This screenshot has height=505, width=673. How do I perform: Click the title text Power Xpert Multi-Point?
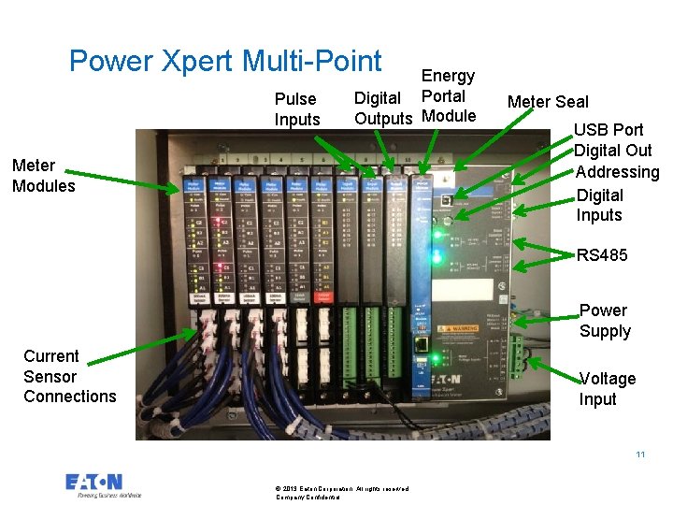(225, 61)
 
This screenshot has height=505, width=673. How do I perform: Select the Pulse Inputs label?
(296, 108)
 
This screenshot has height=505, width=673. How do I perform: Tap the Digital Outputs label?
(382, 108)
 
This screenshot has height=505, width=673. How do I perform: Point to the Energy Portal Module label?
(449, 95)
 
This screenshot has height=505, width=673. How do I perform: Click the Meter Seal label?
(548, 102)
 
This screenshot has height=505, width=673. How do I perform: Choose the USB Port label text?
(609, 130)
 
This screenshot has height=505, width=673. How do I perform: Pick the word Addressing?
(617, 172)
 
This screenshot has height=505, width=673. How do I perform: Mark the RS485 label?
(602, 255)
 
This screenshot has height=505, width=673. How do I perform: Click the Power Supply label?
(604, 321)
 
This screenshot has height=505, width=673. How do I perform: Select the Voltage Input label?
(607, 389)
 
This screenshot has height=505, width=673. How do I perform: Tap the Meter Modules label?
(44, 176)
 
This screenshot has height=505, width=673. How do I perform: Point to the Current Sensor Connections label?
(70, 376)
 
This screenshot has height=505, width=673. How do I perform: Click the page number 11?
(640, 454)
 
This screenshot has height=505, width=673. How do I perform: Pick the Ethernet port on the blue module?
(422, 343)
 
